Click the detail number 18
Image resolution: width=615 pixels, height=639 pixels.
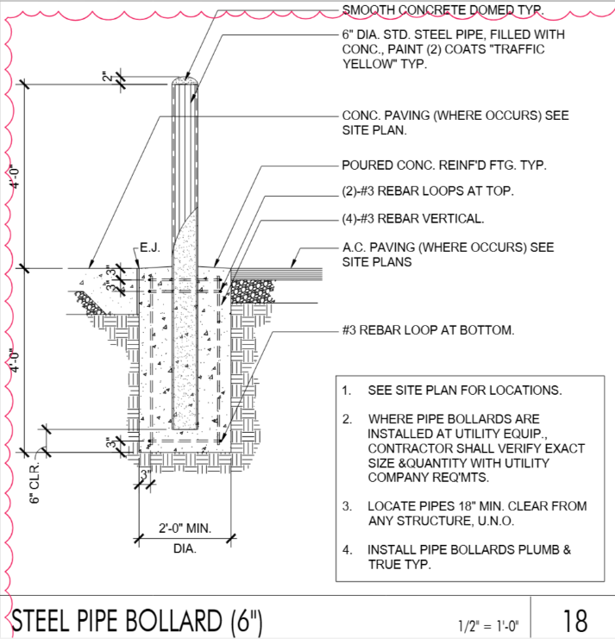575,620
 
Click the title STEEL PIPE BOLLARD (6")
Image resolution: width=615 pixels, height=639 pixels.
139,620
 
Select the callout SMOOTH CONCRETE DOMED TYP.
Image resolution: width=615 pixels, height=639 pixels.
443,10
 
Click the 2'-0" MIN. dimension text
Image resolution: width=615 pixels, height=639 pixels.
184,528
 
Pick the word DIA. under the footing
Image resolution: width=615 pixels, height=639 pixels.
184,548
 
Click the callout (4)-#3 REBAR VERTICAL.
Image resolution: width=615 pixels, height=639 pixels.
412,218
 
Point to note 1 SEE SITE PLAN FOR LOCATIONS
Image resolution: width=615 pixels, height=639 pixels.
464,390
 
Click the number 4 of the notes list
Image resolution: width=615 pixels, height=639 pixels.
347,549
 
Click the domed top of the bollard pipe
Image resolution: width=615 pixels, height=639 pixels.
184,81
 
